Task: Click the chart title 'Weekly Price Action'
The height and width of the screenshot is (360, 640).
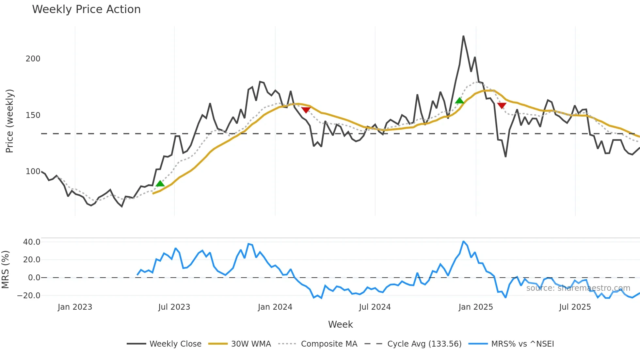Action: [x=86, y=9]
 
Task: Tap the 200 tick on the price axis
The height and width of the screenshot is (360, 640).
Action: [x=33, y=59]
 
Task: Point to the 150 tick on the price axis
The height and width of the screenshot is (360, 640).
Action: [x=33, y=115]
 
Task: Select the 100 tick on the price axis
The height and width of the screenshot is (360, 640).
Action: [x=33, y=172]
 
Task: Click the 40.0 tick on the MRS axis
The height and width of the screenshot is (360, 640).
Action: [x=32, y=242]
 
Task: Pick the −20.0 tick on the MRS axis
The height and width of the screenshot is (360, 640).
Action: [x=29, y=296]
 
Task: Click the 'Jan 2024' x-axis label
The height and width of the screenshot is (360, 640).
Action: [x=275, y=307]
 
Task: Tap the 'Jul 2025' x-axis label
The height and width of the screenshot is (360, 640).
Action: [x=575, y=307]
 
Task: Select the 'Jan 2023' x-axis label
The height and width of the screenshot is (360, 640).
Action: [x=75, y=307]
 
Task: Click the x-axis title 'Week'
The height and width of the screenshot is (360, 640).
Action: [x=340, y=324]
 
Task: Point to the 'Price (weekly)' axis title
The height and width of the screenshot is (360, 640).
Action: [x=9, y=121]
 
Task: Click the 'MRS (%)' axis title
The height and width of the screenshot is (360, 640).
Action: [x=5, y=270]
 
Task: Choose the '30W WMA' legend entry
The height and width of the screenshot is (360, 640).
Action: [x=251, y=344]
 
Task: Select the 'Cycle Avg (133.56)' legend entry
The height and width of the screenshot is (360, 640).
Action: [x=424, y=344]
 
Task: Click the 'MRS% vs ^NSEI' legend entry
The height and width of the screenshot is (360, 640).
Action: [x=522, y=344]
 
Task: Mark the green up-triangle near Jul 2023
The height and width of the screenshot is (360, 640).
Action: [x=160, y=184]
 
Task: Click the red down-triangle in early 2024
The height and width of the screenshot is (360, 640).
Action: [x=306, y=110]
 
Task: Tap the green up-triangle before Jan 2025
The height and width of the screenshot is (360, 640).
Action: [x=459, y=101]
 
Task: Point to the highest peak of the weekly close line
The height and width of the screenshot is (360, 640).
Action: [x=463, y=36]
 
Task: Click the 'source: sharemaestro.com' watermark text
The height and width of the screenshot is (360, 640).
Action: [x=578, y=288]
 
